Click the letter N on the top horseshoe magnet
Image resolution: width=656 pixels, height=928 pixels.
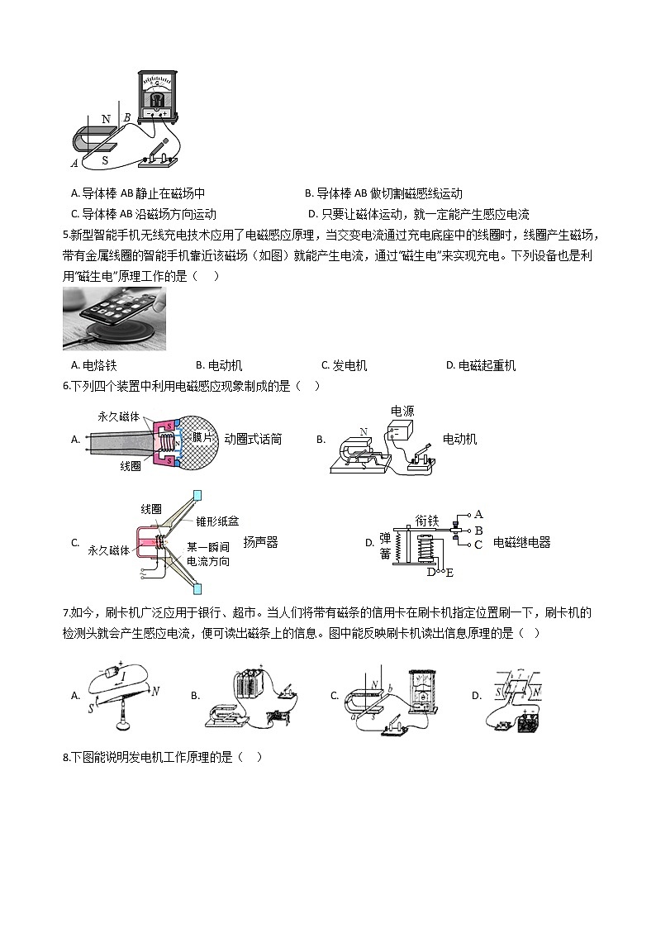click(106, 119)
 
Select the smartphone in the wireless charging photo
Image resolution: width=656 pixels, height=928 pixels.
click(112, 311)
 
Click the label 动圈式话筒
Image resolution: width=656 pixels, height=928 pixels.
click(253, 439)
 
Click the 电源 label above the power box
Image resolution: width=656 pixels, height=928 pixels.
click(402, 410)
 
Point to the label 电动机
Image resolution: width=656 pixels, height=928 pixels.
click(459, 439)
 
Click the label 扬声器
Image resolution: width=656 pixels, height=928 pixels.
click(260, 542)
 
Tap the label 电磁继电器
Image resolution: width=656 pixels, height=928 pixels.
click(521, 542)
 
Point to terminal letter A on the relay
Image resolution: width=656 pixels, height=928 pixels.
click(478, 514)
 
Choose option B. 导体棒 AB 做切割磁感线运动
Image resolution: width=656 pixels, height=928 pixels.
click(383, 193)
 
